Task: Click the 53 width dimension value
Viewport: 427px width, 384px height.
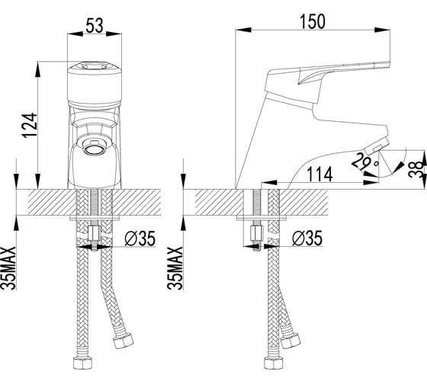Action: [95, 25]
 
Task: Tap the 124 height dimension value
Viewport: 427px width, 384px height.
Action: [30, 126]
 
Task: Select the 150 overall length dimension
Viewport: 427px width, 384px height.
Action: [313, 21]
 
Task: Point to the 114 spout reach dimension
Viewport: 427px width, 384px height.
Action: [319, 174]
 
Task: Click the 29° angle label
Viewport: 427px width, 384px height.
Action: [364, 162]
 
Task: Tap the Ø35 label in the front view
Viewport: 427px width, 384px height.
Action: [140, 238]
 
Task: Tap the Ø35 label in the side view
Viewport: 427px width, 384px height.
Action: [307, 238]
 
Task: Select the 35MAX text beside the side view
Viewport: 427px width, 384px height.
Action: [175, 268]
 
